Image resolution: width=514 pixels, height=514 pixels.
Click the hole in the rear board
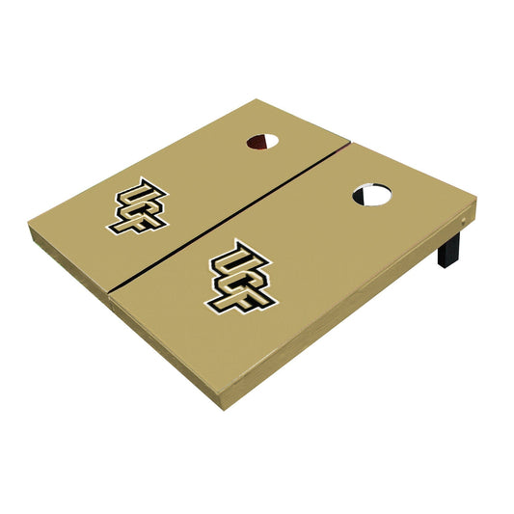[262, 142]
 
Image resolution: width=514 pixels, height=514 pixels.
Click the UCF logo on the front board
[236, 276]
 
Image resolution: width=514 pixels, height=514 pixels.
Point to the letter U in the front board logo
[221, 265]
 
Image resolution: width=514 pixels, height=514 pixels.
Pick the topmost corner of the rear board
[253, 99]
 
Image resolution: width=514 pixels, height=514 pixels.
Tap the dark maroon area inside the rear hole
[256, 144]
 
